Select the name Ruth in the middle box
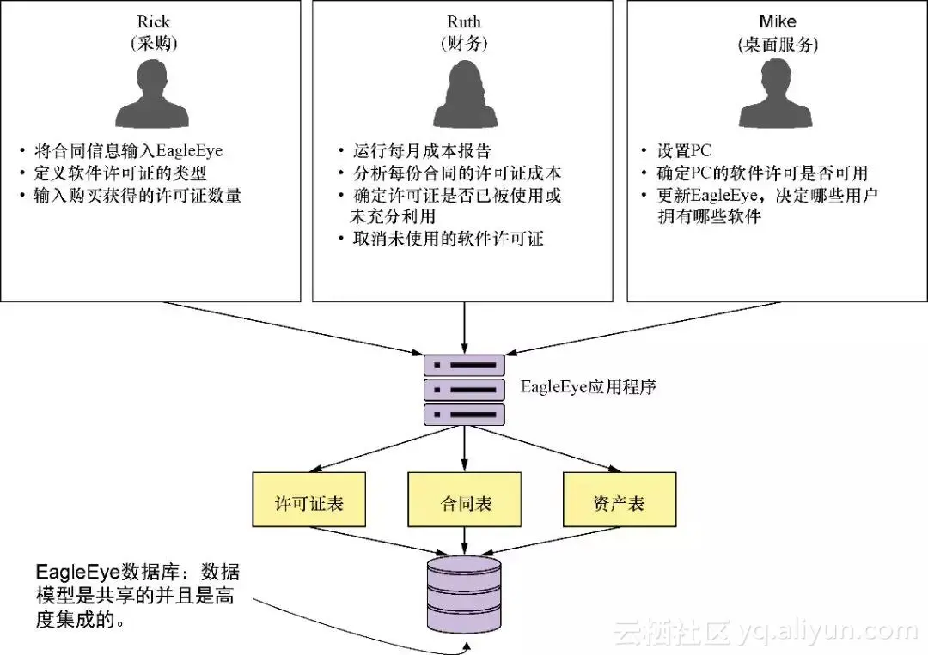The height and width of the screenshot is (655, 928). coord(464,22)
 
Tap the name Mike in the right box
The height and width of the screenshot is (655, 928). coord(778,22)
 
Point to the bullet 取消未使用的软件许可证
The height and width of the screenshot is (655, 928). coord(448,240)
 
